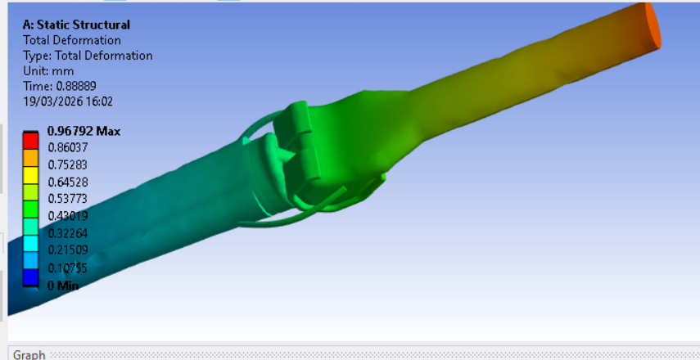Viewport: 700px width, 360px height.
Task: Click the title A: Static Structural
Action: [76, 25]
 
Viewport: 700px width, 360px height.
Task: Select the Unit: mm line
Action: [48, 71]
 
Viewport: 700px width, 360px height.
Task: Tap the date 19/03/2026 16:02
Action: [67, 101]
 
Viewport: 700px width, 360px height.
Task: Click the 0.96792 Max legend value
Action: [84, 131]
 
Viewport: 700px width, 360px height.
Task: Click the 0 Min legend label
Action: [63, 285]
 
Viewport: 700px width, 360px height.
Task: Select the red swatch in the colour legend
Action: [31, 140]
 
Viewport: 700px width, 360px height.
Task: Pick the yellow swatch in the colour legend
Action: [31, 173]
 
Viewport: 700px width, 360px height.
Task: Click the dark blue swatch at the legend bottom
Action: [31, 276]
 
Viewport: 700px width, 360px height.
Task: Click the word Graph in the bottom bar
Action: [29, 355]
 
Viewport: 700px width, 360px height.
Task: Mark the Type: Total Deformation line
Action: [88, 56]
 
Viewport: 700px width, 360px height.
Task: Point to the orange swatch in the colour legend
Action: [31, 156]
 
